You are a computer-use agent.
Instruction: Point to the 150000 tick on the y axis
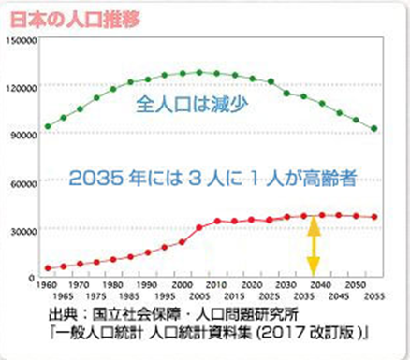point(20,40)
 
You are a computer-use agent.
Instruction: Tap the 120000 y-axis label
point(20,87)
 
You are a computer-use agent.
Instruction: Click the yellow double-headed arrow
point(315,245)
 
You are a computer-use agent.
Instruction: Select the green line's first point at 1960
point(48,126)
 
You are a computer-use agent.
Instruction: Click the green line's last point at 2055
point(375,129)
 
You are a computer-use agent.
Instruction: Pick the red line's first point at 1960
point(48,268)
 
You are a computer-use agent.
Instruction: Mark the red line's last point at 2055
point(375,217)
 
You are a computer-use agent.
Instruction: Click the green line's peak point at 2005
point(198,72)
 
